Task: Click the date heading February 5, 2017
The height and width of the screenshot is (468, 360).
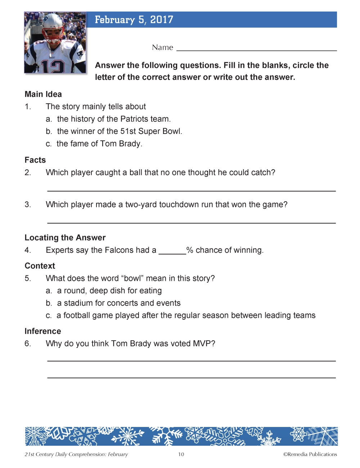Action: pos(134,20)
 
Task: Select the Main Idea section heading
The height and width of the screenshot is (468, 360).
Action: pos(43,94)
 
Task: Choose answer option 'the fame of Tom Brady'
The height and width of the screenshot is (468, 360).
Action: pos(99,144)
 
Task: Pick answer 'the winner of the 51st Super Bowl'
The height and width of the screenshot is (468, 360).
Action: pos(120,131)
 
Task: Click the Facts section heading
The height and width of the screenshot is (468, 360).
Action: pos(35,160)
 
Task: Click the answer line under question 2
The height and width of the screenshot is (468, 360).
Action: pos(192,190)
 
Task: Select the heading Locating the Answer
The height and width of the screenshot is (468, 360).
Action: pos(65,238)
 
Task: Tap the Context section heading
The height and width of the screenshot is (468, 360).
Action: pos(40,266)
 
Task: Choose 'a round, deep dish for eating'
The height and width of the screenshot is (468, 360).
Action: pos(109,291)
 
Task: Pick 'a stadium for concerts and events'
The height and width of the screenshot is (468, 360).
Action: pos(118,303)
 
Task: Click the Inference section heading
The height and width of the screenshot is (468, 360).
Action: pos(43,331)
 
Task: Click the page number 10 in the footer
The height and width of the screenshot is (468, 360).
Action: pos(181,454)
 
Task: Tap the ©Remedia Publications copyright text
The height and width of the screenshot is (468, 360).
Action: pos(310,454)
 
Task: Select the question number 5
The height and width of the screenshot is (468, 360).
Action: pos(28,278)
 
